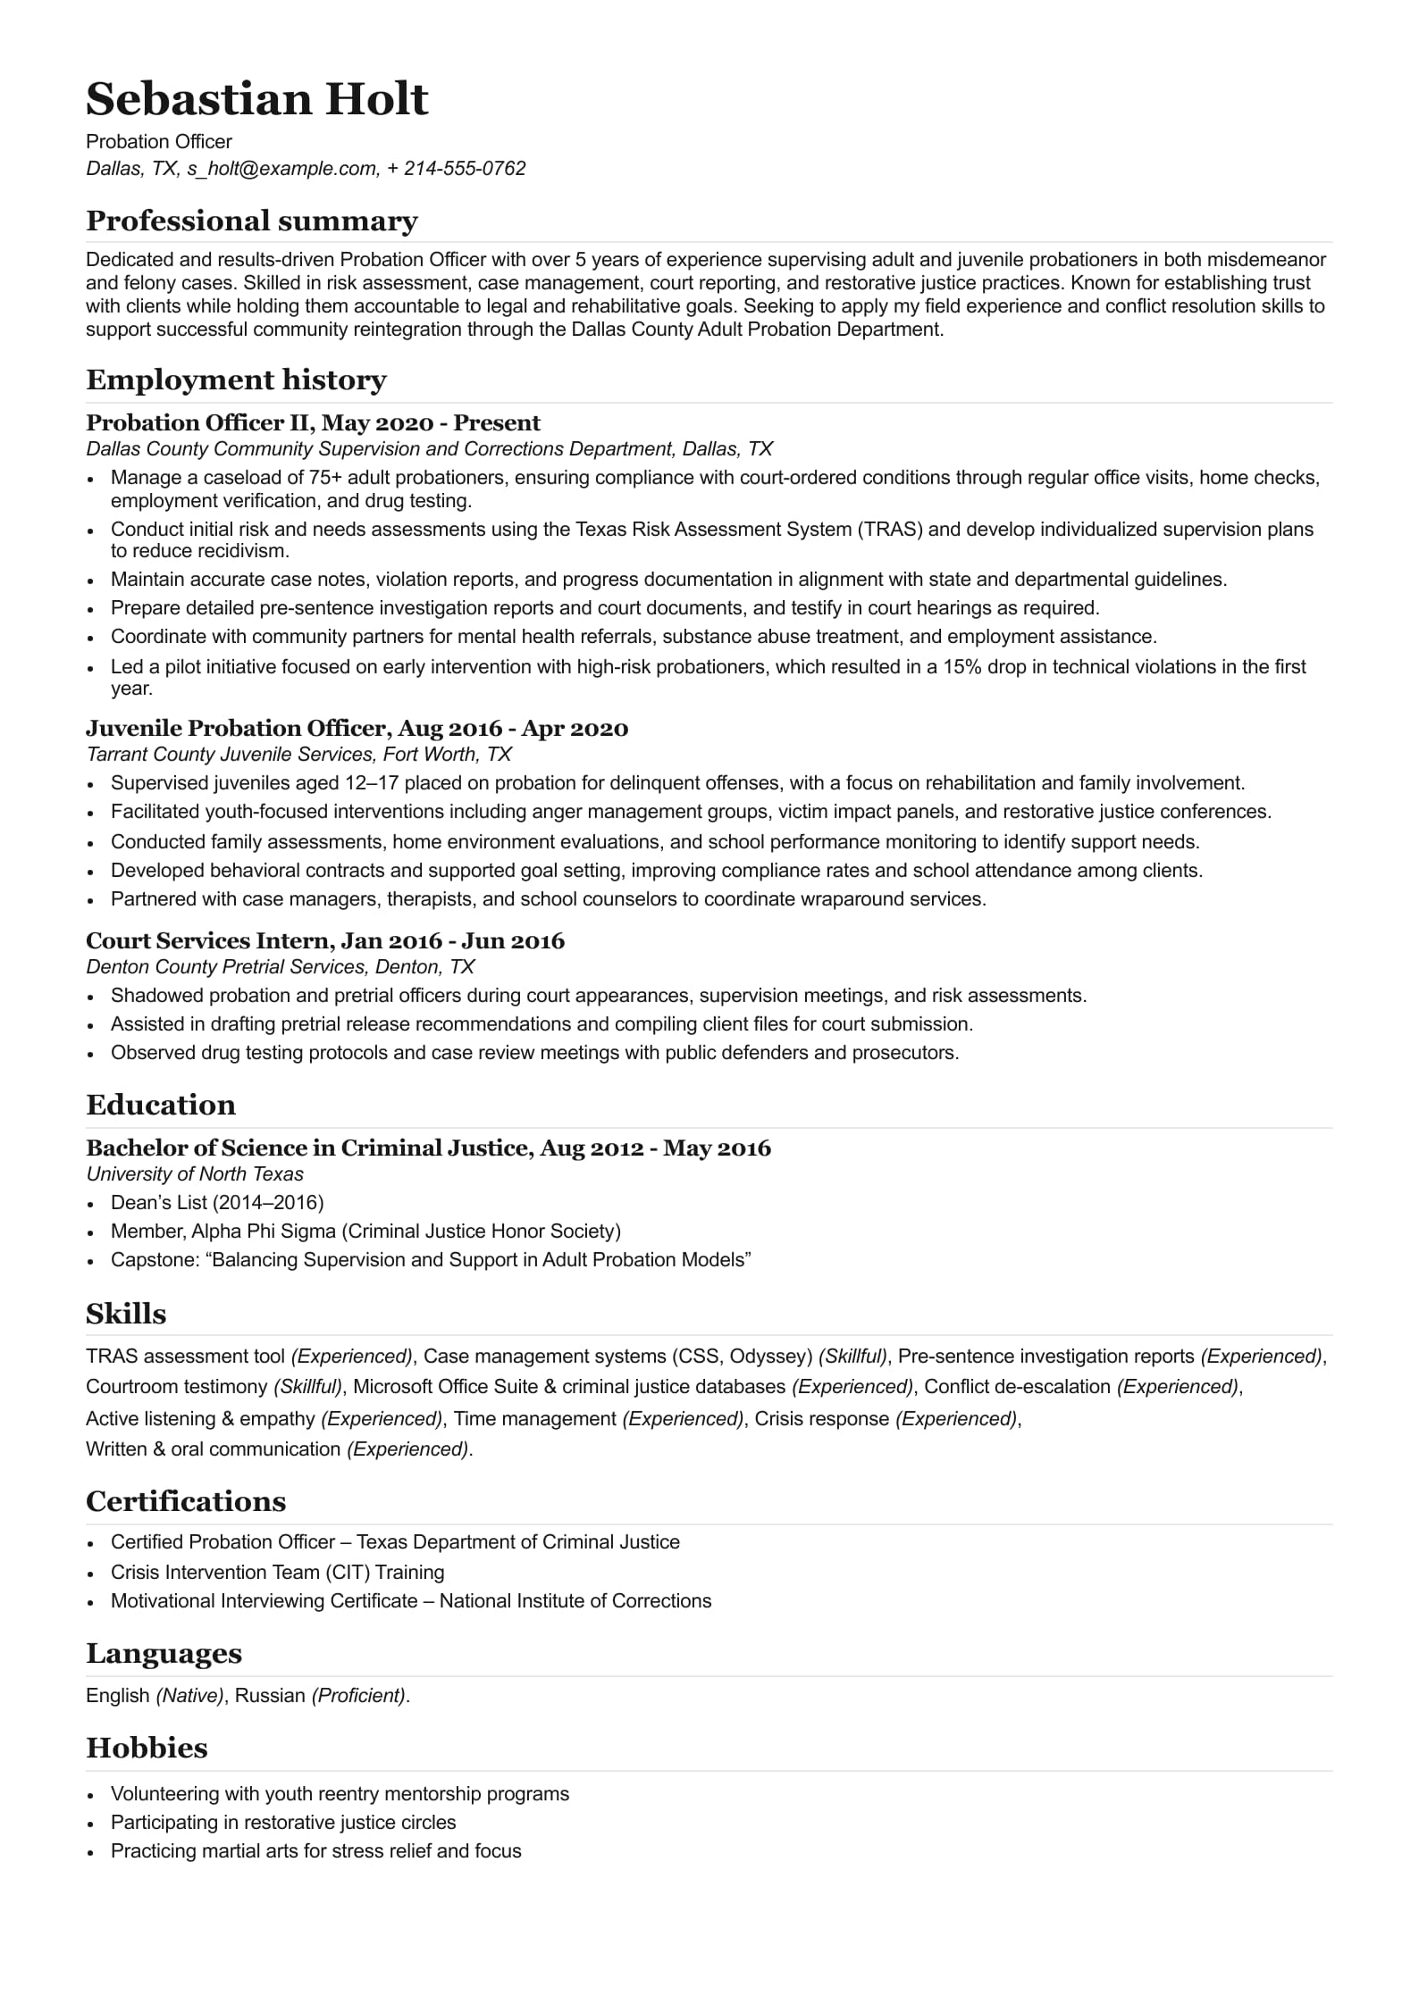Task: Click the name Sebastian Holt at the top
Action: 257,99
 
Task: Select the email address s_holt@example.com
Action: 281,169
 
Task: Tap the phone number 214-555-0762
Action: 465,169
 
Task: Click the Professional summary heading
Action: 252,221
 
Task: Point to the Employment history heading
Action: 236,380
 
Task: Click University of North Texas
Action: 195,1174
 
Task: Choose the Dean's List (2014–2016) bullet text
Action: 217,1203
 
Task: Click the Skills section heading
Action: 126,1314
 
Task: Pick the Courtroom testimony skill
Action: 176,1387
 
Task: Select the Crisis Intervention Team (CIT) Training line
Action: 277,1573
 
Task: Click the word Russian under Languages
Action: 270,1696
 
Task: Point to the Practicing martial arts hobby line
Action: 315,1851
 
